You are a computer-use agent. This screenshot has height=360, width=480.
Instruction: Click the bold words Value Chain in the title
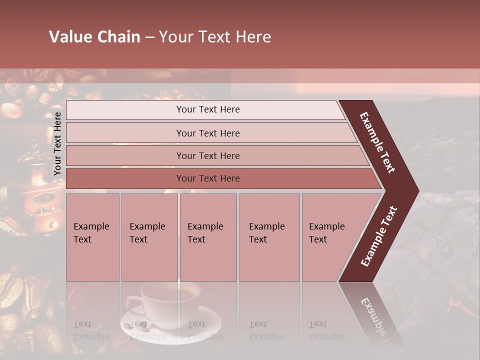(x=94, y=37)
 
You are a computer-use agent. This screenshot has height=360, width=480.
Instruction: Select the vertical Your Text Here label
(x=57, y=143)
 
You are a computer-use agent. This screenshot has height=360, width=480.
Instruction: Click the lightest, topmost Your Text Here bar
(x=207, y=109)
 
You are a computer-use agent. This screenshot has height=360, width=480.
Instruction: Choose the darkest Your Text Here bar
(x=207, y=178)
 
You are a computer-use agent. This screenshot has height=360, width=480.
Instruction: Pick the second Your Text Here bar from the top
(x=207, y=133)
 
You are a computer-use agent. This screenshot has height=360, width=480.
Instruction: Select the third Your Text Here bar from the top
(x=207, y=155)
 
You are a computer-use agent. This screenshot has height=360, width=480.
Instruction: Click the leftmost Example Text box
(x=92, y=237)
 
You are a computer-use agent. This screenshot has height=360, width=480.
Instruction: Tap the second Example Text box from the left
(x=149, y=237)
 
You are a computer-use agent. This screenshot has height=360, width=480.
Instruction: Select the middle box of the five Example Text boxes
(x=208, y=237)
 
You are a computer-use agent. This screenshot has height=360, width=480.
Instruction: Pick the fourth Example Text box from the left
(x=269, y=237)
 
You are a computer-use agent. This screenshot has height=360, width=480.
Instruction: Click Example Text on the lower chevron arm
(x=379, y=236)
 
